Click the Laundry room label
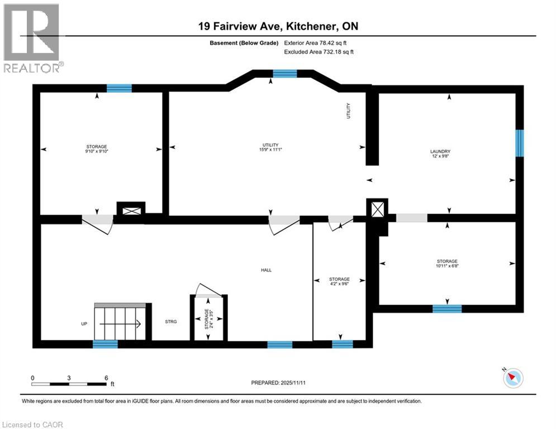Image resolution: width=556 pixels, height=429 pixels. click(x=440, y=154)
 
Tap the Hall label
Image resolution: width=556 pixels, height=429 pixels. click(x=266, y=270)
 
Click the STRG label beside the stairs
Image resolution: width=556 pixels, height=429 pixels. click(x=171, y=322)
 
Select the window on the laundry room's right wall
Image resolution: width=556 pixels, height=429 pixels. click(x=520, y=143)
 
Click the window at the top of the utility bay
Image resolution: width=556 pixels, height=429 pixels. click(x=285, y=73)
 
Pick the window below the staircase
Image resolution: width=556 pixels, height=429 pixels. click(x=105, y=344)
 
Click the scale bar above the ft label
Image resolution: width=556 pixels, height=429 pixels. click(x=69, y=384)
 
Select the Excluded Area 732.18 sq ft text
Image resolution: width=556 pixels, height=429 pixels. click(x=319, y=51)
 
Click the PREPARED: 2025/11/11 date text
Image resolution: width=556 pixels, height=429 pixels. click(x=278, y=383)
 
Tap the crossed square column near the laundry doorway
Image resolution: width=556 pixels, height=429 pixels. click(x=378, y=209)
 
